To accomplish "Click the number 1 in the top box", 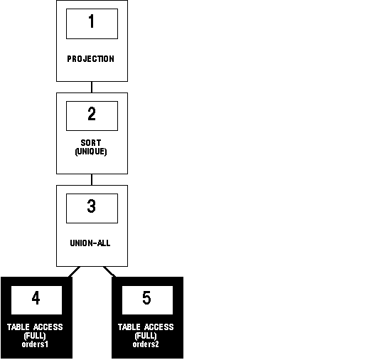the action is coord(92,21).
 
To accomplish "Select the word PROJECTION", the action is coord(91,59).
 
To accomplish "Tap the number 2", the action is coord(92,114).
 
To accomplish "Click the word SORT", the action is coord(91,142).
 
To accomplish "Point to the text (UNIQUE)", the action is coord(91,152).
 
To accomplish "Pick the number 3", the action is coord(92,206).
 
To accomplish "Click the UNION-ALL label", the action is coord(90,243).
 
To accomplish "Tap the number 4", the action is coord(36,298).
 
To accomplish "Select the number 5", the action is coord(146,298).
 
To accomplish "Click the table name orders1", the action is coord(35,344).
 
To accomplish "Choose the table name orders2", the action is coord(146,344).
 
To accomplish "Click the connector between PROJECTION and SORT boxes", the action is coord(92,87).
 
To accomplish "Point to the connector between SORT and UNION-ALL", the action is coord(92,179).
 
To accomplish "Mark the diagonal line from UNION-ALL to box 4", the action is coord(75,272).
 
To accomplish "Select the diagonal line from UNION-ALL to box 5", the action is coord(109,272).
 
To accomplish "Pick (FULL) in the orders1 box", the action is coord(35,336).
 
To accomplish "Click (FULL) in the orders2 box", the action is coord(146,336).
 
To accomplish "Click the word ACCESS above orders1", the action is coord(48,327).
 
